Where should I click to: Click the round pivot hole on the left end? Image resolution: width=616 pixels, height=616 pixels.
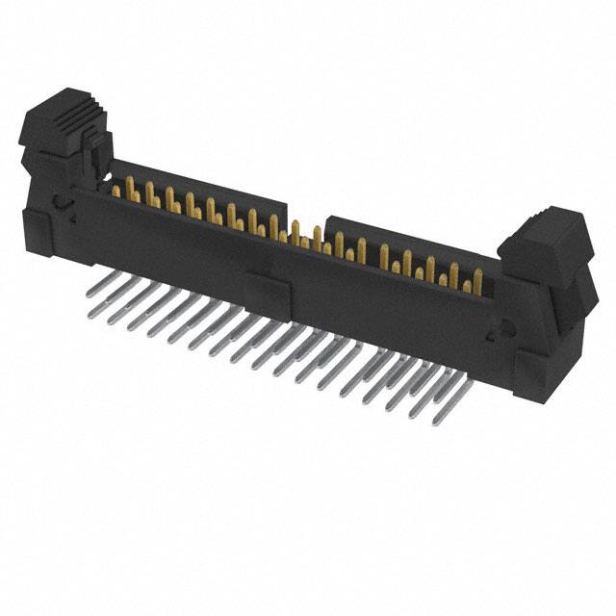pyautogui.click(x=60, y=203)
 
